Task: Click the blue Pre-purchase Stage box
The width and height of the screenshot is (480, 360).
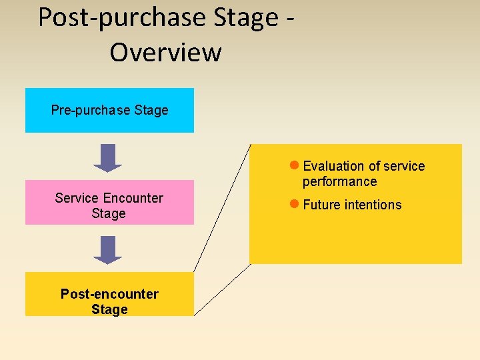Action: (109, 111)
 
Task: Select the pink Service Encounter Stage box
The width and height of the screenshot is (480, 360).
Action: (109, 202)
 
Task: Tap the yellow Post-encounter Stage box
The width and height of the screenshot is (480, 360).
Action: (109, 294)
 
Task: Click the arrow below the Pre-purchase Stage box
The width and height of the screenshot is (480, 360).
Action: (107, 158)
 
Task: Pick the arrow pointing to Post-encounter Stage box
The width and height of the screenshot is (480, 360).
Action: (107, 250)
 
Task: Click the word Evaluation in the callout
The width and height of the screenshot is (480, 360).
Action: (333, 166)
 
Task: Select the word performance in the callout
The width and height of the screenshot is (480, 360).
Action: (339, 181)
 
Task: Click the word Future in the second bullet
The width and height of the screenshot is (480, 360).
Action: (321, 205)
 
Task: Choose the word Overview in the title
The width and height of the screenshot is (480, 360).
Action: (165, 52)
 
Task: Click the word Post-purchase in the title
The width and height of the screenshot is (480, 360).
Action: (121, 17)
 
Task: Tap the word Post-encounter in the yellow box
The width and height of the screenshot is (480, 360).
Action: (109, 294)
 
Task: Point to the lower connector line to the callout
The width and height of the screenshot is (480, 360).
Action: (222, 289)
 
